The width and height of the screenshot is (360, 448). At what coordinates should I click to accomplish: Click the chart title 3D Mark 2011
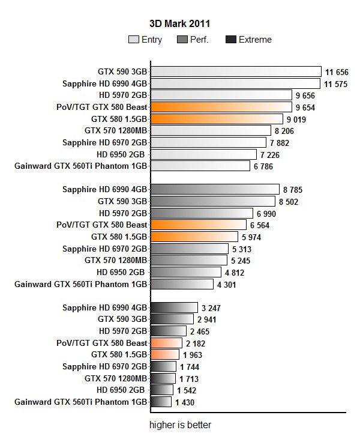click(179, 23)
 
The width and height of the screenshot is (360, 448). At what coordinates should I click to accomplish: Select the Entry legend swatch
click(133, 40)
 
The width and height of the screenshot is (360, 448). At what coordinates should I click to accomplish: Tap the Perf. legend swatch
click(183, 40)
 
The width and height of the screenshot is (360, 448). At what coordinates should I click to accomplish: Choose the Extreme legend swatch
click(230, 40)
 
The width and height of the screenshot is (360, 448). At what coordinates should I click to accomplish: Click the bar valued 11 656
click(236, 72)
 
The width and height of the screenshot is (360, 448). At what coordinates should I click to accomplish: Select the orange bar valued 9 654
click(221, 107)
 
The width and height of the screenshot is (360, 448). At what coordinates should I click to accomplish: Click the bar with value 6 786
click(200, 166)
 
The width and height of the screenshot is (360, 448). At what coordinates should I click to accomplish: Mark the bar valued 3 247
click(174, 307)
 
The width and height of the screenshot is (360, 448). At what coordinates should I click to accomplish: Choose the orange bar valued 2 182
click(166, 343)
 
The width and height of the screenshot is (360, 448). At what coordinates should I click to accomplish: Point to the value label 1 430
click(184, 402)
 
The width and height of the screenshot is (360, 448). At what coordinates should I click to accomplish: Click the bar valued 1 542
click(163, 390)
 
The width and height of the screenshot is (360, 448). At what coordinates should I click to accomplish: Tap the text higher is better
click(180, 425)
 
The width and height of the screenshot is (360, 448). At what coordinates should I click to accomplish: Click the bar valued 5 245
click(189, 260)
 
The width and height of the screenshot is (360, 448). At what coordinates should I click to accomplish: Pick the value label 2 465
click(200, 331)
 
